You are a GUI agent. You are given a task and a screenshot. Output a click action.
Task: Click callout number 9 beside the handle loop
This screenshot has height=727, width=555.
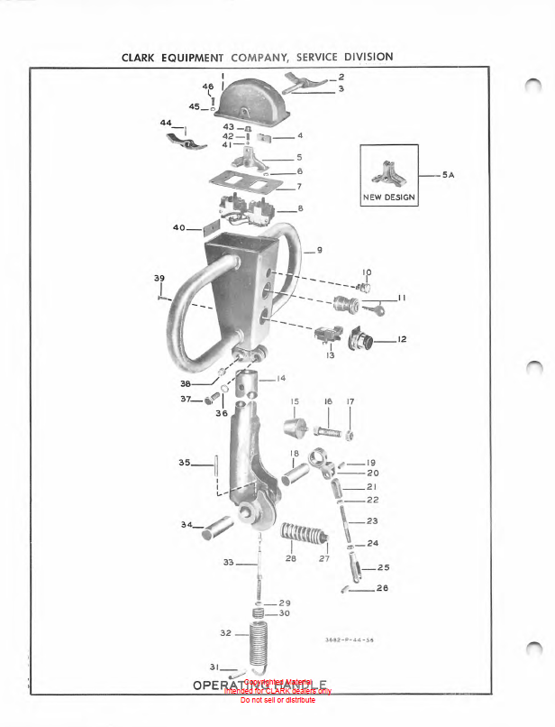tap(319, 249)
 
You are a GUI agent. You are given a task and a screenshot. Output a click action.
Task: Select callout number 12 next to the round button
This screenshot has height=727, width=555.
tap(402, 340)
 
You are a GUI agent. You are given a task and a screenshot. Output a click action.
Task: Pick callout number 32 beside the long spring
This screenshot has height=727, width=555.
tap(225, 634)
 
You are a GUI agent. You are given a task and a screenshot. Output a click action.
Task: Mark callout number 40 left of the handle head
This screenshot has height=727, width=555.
tap(178, 227)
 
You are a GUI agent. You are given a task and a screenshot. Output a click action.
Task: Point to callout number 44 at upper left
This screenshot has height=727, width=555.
tap(166, 122)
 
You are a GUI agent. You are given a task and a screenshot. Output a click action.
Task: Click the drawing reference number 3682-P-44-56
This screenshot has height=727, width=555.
tap(349, 640)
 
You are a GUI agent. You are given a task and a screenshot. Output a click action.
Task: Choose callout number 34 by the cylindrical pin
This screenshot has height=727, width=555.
tap(187, 525)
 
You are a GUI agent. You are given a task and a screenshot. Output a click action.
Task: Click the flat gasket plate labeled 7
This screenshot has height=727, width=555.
tap(242, 183)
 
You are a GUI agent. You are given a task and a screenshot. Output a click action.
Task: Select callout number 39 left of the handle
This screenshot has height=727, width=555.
tap(159, 277)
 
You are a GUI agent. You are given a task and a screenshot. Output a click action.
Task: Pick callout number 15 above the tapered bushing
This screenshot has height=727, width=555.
tap(295, 401)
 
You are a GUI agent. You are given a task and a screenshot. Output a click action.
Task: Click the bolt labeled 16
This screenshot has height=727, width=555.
tap(324, 431)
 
